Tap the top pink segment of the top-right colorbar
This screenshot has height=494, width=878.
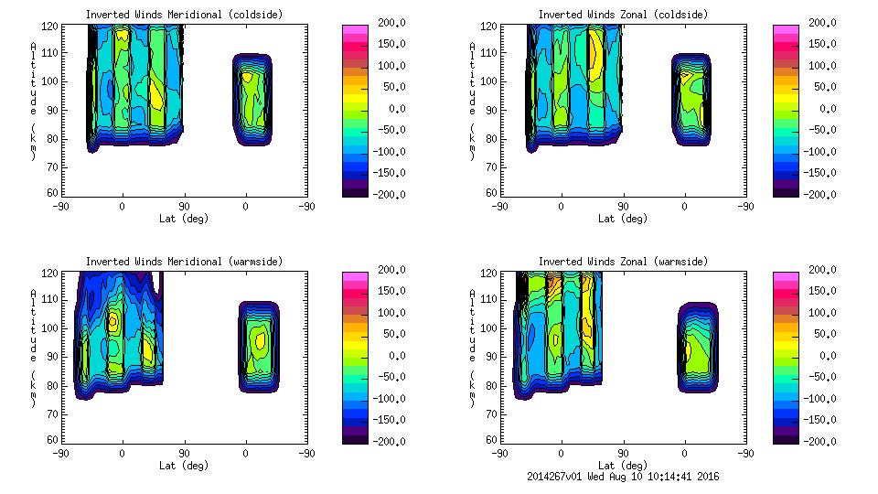(x=785, y=29)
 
